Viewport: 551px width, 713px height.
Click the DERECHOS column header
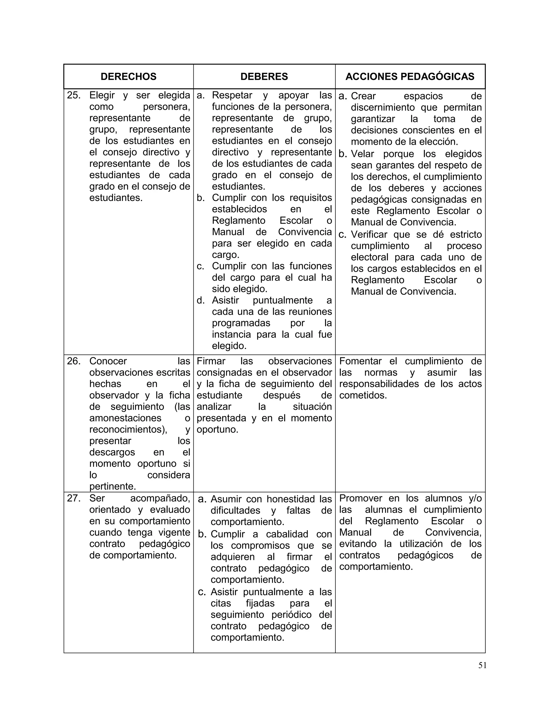[128, 76]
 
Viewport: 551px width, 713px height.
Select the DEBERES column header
[264, 76]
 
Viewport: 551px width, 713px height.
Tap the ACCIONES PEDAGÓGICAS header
[410, 76]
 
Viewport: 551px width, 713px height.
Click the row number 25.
[73, 95]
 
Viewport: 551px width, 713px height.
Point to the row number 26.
[73, 361]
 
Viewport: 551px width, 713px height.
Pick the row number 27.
[73, 498]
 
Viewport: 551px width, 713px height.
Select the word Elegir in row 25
[102, 95]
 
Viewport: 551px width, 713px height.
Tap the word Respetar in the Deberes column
[232, 95]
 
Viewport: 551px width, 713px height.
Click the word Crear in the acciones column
[363, 96]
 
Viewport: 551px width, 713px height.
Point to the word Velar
[362, 154]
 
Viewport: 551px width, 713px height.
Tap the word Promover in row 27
[360, 498]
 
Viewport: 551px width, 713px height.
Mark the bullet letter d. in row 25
[200, 300]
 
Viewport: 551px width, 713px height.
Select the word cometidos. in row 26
[363, 395]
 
